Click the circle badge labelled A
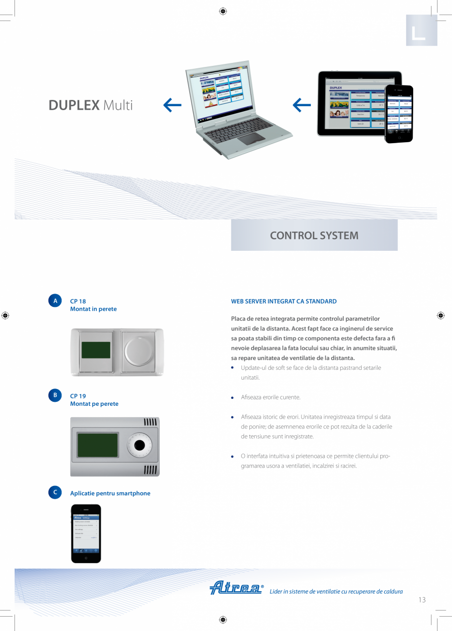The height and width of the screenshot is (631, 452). tap(55, 301)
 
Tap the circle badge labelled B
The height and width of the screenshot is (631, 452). tap(55, 395)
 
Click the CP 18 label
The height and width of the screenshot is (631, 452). tap(78, 301)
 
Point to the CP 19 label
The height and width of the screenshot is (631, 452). tap(78, 395)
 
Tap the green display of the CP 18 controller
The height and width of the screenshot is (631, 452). tap(96, 350)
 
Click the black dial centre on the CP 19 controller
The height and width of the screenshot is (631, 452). tap(139, 446)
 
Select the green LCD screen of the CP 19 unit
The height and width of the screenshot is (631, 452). tap(97, 445)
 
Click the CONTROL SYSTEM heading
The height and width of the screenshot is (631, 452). tap(314, 235)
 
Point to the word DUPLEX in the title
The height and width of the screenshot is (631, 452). tap(74, 105)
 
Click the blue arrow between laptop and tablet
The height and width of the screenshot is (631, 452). tap(301, 104)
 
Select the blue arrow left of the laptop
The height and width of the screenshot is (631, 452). tap(172, 104)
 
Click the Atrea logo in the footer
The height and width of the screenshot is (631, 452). tap(236, 588)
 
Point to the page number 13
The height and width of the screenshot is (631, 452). tap(422, 600)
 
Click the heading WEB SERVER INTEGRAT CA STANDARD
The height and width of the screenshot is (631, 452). tap(284, 301)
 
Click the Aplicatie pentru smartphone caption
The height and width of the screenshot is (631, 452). tap(110, 493)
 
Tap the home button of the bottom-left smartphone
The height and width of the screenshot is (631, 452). tap(86, 558)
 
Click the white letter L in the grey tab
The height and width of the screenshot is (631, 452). tap(419, 33)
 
